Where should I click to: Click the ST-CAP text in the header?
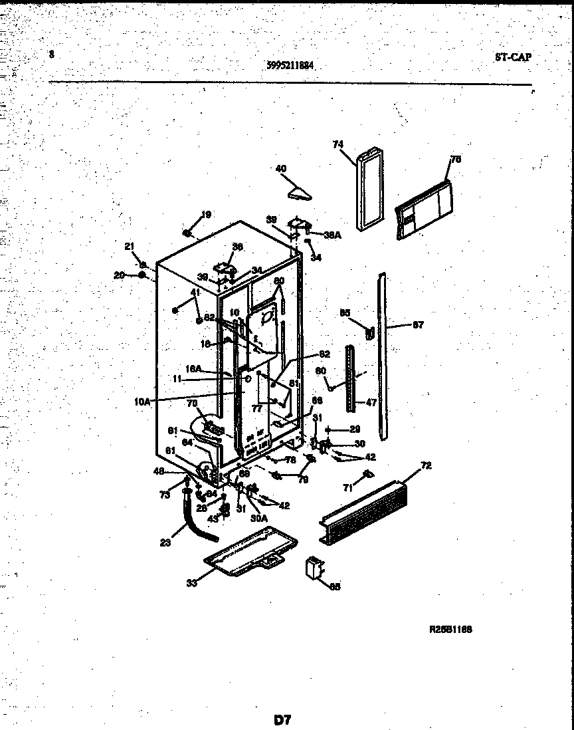[x=513, y=57]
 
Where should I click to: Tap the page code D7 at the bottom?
[x=282, y=719]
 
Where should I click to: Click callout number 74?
[x=337, y=144]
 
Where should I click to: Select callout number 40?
[x=280, y=169]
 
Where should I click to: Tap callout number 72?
[x=426, y=465]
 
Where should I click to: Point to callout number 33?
[x=192, y=584]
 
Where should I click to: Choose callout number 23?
[x=165, y=543]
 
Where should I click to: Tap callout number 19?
[x=206, y=214]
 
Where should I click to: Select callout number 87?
[x=417, y=325]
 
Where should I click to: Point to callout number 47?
[x=370, y=402]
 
